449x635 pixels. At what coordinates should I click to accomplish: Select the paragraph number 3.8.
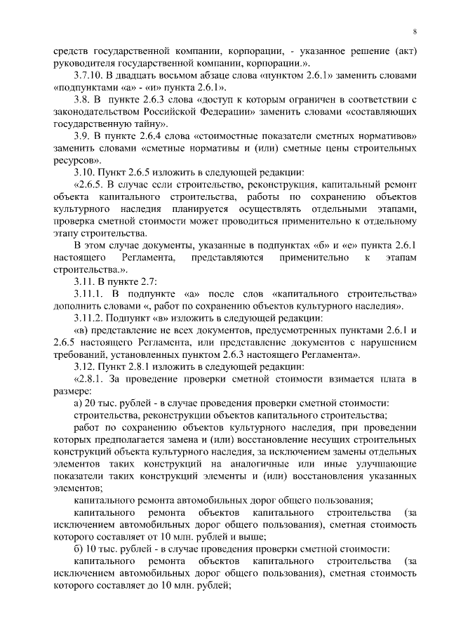coord(83,102)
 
